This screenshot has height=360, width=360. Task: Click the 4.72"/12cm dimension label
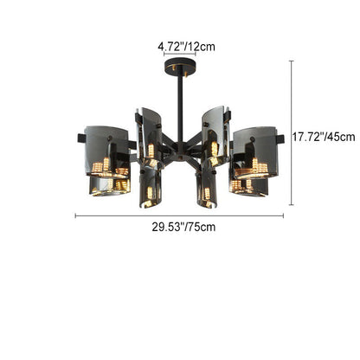click(x=186, y=47)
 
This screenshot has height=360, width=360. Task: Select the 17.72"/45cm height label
click(x=324, y=137)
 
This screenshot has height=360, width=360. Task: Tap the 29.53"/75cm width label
click(x=183, y=227)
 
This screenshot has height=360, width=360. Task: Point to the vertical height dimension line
click(x=292, y=133)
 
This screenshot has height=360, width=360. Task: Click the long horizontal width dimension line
click(x=179, y=215)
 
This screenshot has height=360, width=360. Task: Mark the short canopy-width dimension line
click(x=180, y=54)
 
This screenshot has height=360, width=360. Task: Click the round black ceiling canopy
click(x=180, y=66)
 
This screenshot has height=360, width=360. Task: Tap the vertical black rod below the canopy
click(x=180, y=108)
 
